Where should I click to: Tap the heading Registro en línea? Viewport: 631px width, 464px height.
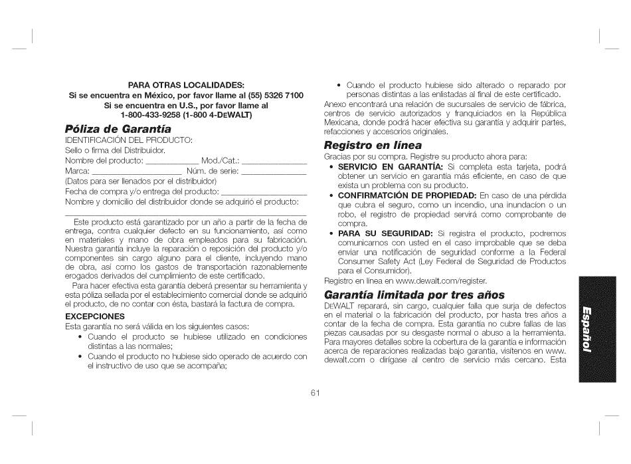tap(373, 144)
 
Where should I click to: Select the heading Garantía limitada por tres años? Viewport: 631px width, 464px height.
tap(414, 294)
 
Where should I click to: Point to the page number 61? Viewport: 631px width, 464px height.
tap(315, 393)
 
